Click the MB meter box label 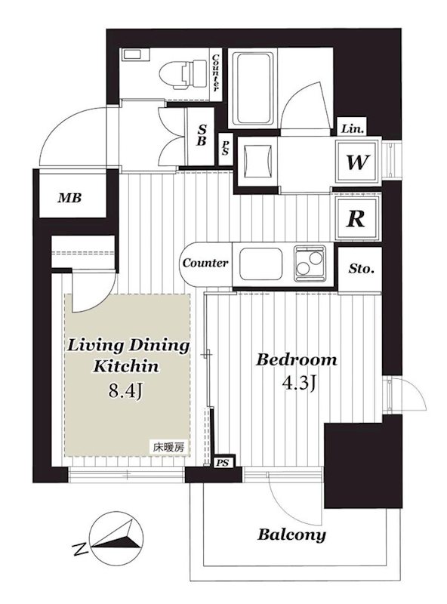point(69,198)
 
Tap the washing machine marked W point(357,162)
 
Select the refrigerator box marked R point(356,218)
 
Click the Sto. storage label point(361,269)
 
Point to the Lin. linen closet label point(352,129)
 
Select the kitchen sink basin point(260,263)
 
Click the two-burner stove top point(310,263)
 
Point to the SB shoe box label point(201,135)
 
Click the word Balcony point(291,535)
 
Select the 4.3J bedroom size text point(300,384)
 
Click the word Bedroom point(296,360)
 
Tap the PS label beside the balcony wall point(222,463)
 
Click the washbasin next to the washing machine point(257,162)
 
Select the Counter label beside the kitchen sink point(205,263)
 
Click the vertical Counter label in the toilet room point(215,72)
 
